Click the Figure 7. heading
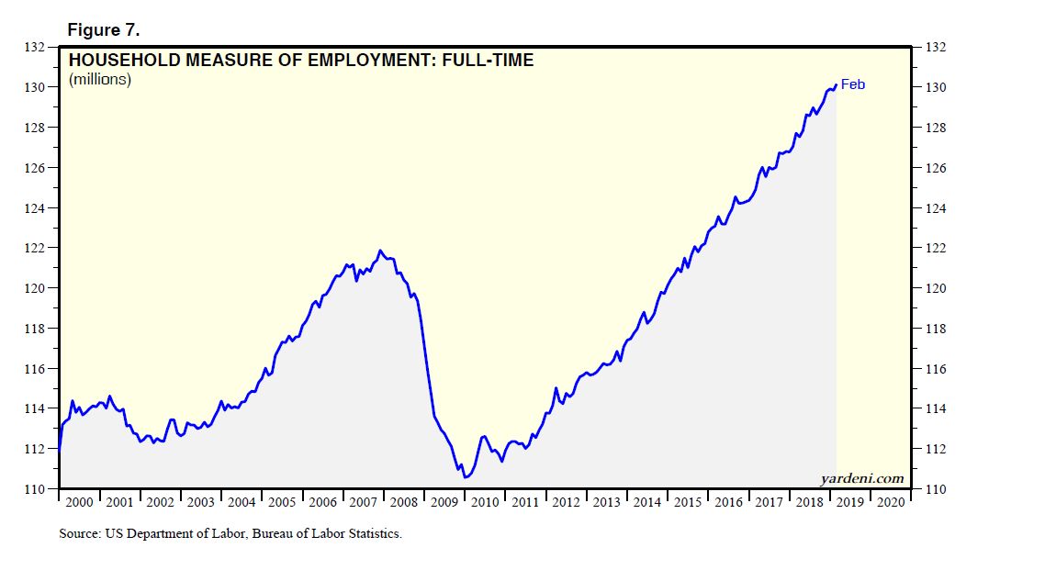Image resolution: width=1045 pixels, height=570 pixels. pos(104,30)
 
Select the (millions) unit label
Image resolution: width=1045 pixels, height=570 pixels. pos(100,80)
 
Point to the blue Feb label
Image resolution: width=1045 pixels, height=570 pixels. pos(853,84)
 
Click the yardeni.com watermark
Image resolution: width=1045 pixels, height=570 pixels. pos(861,478)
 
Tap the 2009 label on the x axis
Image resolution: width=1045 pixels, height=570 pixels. pos(444,503)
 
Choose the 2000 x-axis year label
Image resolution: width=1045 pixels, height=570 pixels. pos(79,503)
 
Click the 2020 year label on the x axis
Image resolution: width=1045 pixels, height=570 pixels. pos(890,503)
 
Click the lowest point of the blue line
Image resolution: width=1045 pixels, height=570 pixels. pos(466,477)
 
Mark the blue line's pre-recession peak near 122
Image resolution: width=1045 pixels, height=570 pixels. pos(380,250)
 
